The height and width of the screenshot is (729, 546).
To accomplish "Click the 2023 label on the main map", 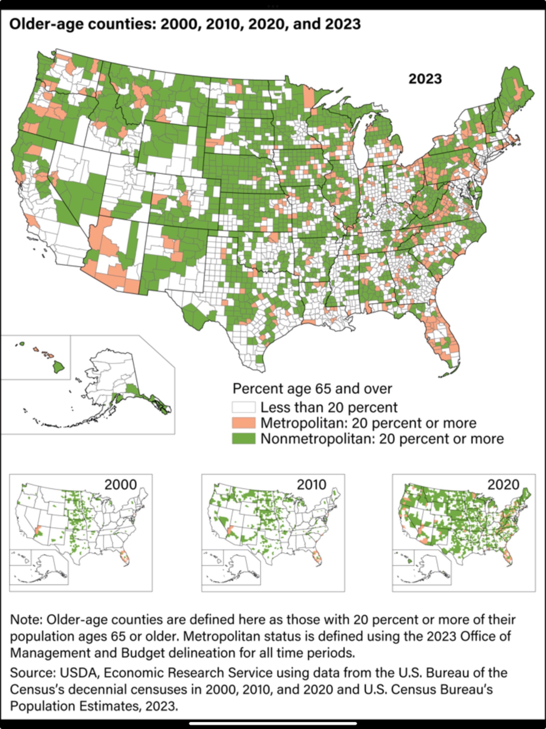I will point(425,79).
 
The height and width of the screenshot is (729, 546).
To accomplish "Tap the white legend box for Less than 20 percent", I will point(244,407).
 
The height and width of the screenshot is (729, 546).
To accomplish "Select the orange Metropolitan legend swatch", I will point(244,423).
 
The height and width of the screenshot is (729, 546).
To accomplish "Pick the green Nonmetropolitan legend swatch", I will point(244,439).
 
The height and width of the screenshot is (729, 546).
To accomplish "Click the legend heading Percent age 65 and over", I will point(312,388).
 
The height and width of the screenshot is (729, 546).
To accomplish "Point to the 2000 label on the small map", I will point(121,484).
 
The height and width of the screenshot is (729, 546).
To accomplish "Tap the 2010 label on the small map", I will point(311,484).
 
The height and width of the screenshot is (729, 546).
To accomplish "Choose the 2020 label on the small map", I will point(503,484).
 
